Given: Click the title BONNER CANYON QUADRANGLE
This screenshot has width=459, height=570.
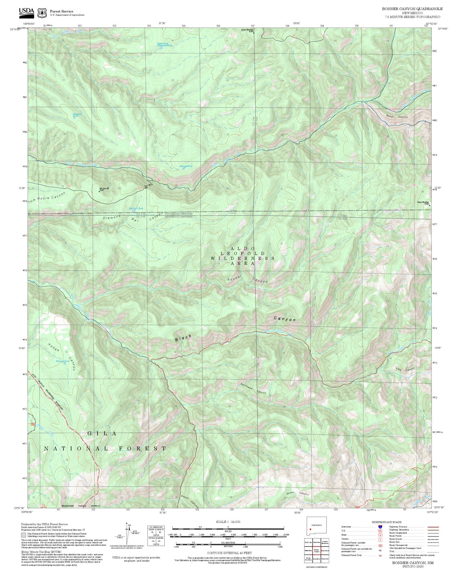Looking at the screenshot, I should (x=412, y=9).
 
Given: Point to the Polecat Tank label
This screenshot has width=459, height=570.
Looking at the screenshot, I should (x=186, y=166).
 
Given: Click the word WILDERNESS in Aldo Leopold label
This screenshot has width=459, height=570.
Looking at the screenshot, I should (x=242, y=258).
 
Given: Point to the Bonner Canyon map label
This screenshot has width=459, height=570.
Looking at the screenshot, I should (x=247, y=279).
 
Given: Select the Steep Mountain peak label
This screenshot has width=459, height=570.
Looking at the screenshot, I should (x=422, y=202).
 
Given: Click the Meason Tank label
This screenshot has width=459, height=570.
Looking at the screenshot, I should (x=62, y=361).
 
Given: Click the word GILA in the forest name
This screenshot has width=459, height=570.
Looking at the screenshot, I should (x=102, y=433).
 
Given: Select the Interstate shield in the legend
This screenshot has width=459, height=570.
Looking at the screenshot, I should (x=380, y=527).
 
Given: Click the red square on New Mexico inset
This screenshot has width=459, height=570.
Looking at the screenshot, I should (x=310, y=529).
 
